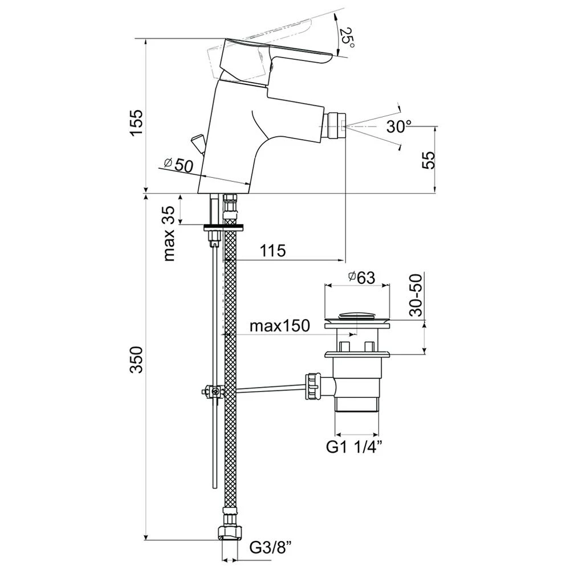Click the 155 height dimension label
[137, 123]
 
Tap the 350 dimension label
[137, 360]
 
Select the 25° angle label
[347, 39]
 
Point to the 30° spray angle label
[398, 127]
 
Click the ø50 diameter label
[178, 165]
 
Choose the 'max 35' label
[169, 233]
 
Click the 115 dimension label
[273, 250]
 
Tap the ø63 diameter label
[361, 278]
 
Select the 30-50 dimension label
[416, 295]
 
